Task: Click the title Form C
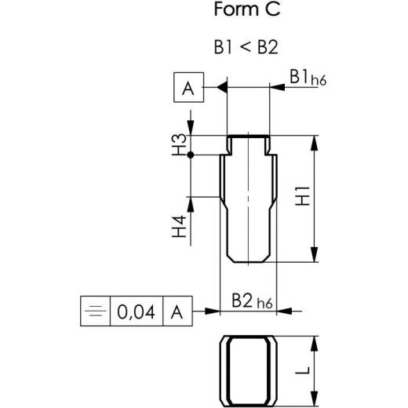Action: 246,12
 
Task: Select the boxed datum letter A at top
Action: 188,88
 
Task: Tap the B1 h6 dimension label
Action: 307,78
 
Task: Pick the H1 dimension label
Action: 302,199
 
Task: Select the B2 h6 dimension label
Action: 253,301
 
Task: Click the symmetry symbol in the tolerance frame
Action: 95,312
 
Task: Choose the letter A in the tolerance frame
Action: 177,312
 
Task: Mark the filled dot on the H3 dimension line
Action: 191,154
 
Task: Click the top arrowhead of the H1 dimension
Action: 315,142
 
